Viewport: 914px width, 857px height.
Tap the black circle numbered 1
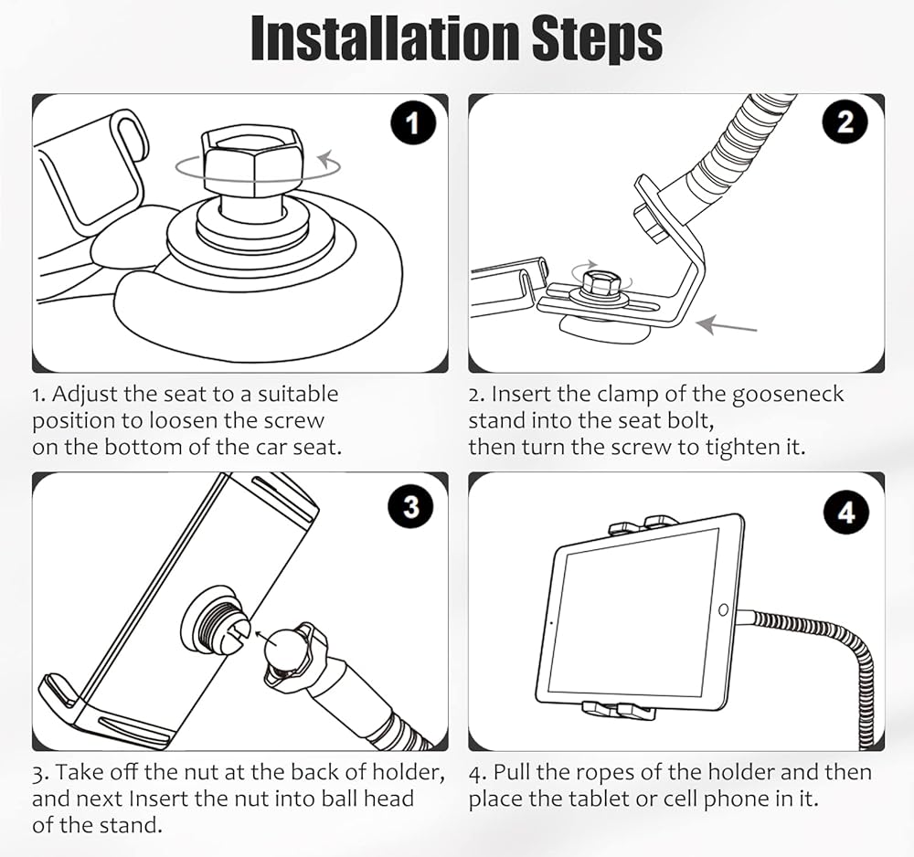413,123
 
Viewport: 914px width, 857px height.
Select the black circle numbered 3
411,505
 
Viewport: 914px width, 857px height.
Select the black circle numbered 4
846,513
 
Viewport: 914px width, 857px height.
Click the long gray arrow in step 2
727,325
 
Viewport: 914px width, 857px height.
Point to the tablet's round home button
723,610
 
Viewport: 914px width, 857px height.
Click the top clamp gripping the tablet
642,525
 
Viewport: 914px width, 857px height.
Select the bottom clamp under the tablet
619,710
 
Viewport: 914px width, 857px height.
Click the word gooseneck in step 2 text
788,395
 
